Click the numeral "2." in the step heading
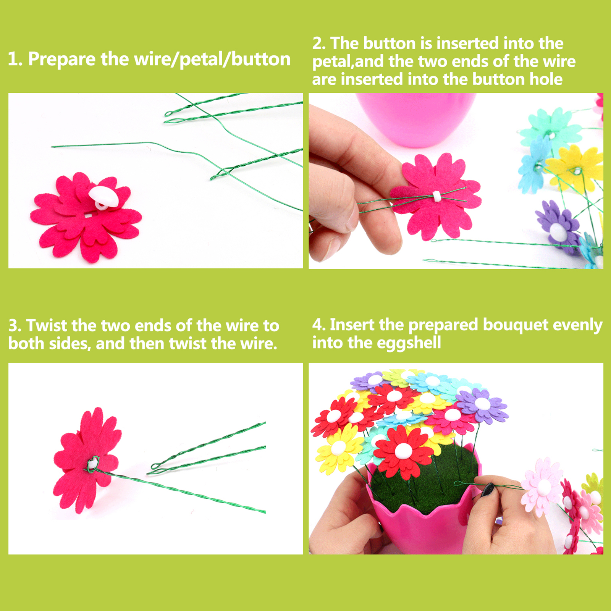click(x=319, y=44)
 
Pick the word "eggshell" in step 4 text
click(x=409, y=343)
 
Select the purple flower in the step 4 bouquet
click(x=482, y=404)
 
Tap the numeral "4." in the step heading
click(x=319, y=325)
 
